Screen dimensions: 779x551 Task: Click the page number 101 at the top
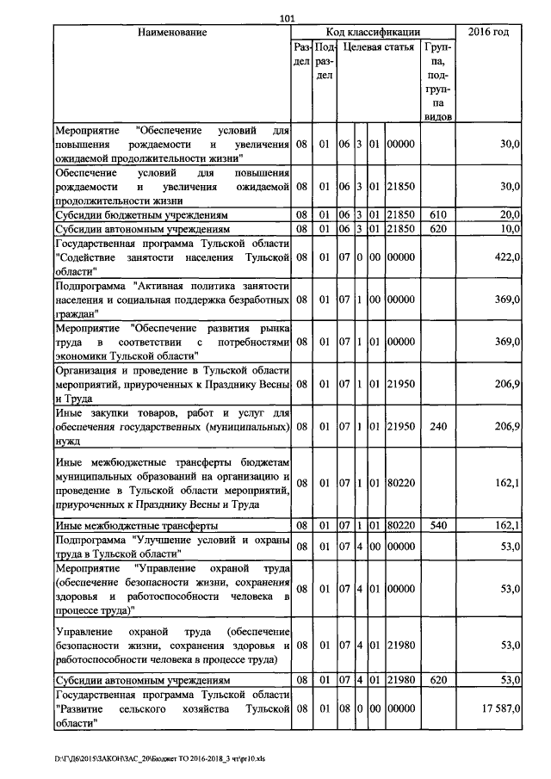pos(288,20)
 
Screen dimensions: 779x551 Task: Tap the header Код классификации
pos(374,33)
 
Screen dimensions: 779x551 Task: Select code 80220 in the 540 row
pos(400,524)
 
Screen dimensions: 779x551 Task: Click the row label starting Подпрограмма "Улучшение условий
pos(172,547)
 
